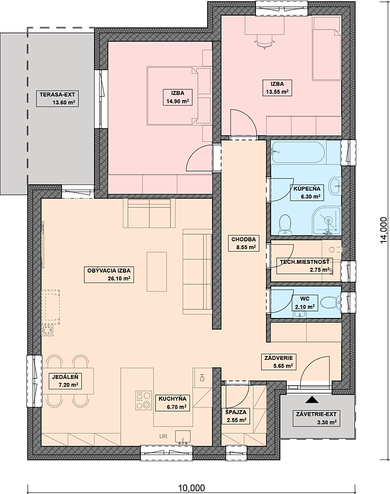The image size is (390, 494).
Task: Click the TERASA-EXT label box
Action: click(x=57, y=99)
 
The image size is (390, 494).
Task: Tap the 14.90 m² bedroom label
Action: click(x=177, y=98)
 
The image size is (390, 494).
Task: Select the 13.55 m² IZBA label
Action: click(x=277, y=88)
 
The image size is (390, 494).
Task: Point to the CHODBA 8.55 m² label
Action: click(x=244, y=243)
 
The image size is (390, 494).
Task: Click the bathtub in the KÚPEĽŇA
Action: click(x=298, y=152)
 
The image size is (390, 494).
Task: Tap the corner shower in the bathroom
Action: click(x=327, y=221)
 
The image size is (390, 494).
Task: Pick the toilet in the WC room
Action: click(x=331, y=303)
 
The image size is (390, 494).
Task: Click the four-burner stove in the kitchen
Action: click(x=143, y=400)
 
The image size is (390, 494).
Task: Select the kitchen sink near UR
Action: click(x=183, y=437)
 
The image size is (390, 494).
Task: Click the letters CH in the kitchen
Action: click(x=202, y=377)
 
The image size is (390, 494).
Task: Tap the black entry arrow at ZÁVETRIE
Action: click(x=312, y=399)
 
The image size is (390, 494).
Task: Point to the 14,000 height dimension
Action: click(x=383, y=230)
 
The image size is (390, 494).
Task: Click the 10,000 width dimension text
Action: click(x=192, y=488)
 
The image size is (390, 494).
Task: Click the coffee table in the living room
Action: click(x=156, y=271)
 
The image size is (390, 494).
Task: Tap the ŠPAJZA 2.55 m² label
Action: click(x=235, y=416)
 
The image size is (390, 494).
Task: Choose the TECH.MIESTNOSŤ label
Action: click(x=305, y=266)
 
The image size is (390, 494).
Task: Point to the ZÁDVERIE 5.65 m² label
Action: click(x=279, y=362)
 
